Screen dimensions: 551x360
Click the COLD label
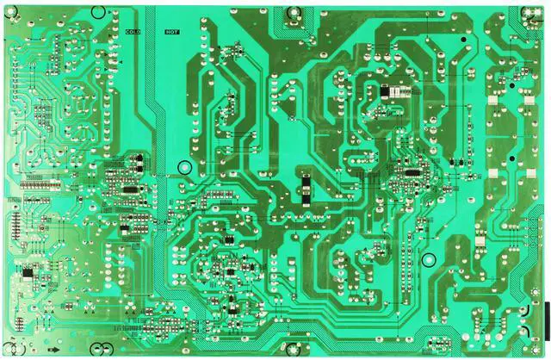133,32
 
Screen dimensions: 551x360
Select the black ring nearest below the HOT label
183,168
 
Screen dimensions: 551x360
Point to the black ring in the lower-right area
428,260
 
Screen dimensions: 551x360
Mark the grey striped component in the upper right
397,90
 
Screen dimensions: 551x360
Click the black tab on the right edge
545,311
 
